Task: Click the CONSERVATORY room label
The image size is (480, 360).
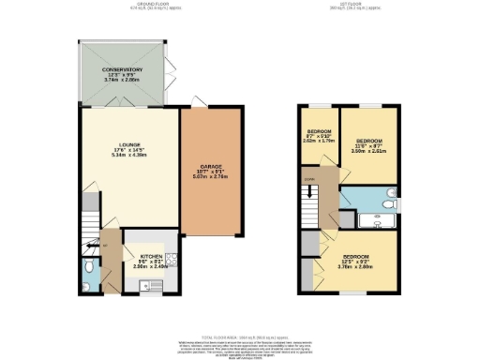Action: [x=122, y=69]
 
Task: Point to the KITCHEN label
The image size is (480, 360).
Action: [x=153, y=255]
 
